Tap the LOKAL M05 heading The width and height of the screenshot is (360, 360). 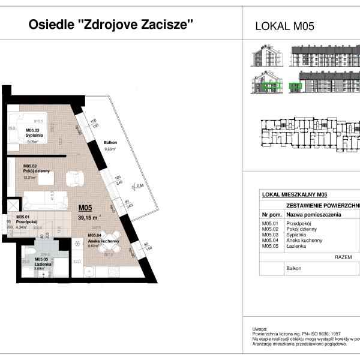[x=285, y=26]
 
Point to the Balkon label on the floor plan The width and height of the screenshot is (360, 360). [x=110, y=142]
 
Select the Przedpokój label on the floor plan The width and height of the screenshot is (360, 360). [x=27, y=221]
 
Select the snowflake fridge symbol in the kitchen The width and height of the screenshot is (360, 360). [x=77, y=243]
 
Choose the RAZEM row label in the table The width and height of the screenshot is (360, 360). [x=343, y=256]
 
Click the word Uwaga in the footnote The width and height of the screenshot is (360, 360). [x=260, y=329]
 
